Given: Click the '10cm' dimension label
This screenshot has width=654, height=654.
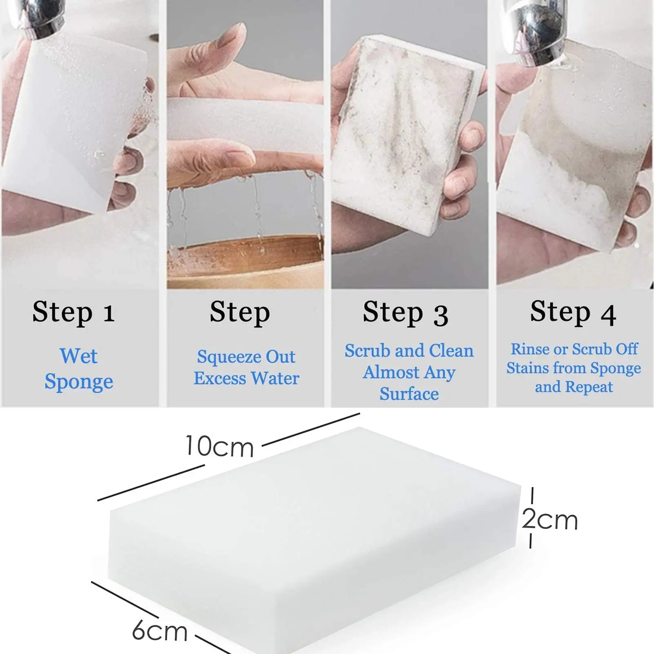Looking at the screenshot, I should click(219, 446).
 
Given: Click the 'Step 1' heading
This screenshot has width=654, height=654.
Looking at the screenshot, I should click(74, 312).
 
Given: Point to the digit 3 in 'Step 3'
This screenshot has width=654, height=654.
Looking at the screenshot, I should click(440, 315).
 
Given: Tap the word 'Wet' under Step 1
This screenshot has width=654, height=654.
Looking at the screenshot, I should click(78, 356).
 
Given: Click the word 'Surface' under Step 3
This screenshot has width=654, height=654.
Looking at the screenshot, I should click(409, 394).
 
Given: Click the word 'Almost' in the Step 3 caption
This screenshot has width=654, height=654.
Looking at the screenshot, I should click(385, 373).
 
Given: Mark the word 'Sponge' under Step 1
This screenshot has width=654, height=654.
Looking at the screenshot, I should click(78, 382).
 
